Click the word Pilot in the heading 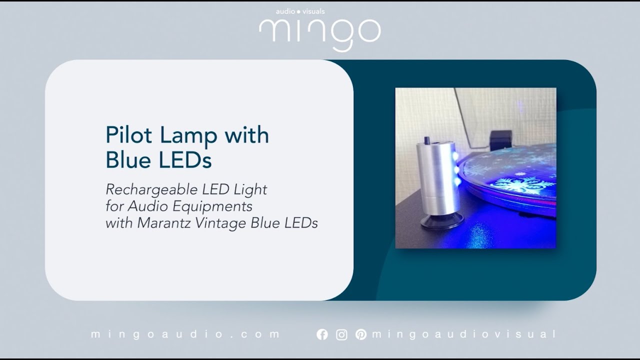[x=128, y=135]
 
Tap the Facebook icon [x=322, y=334]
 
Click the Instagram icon [x=341, y=334]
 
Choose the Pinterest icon [x=360, y=334]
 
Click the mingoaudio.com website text [x=185, y=334]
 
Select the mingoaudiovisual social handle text [x=463, y=334]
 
